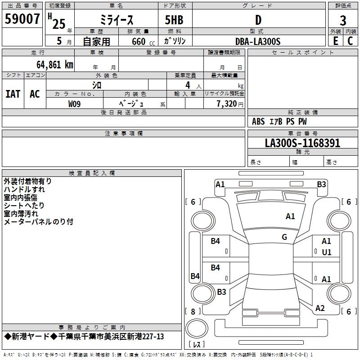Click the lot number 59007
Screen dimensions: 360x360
tap(22, 19)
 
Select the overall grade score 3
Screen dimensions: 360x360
tap(343, 20)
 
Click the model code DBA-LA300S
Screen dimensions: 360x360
tap(258, 41)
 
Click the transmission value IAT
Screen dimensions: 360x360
tap(13, 94)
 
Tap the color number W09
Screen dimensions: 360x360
tap(75, 103)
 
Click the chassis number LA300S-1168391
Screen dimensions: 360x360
tap(302, 143)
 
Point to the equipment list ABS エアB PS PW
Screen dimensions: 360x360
tap(279, 121)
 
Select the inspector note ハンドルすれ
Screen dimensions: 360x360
tap(24, 189)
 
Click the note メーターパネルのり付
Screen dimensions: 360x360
tap(38, 222)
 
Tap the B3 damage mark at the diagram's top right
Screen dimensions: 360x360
tap(321, 184)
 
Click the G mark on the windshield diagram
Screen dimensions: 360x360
tap(284, 237)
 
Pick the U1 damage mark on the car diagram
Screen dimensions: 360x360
tap(327, 252)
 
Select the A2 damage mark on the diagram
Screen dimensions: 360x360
tap(320, 308)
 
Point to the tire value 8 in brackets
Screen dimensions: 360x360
tap(193, 311)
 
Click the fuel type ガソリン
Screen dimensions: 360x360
tap(175, 41)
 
